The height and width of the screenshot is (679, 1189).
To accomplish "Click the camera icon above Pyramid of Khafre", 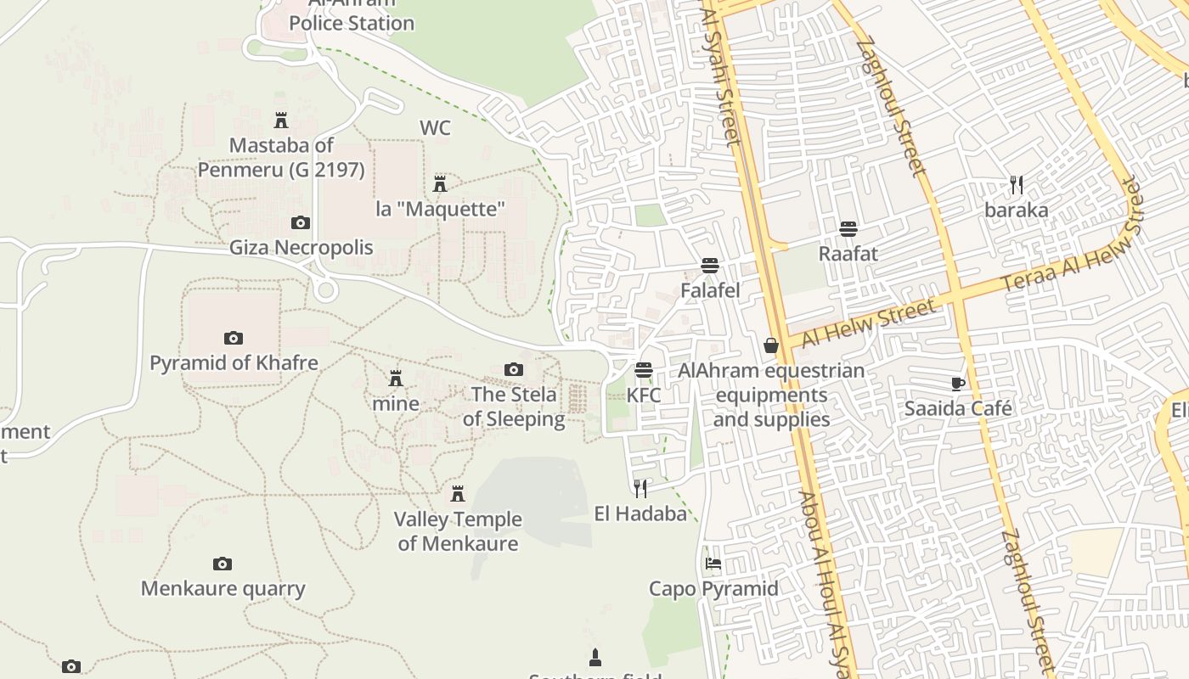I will pyautogui.click(x=234, y=339).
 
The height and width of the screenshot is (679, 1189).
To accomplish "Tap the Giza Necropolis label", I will pyautogui.click(x=301, y=248).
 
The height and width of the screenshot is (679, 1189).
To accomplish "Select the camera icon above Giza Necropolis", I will pyautogui.click(x=301, y=223).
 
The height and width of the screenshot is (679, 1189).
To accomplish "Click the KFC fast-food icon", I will pyautogui.click(x=644, y=371).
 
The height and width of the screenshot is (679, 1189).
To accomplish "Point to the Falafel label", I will pyautogui.click(x=710, y=290).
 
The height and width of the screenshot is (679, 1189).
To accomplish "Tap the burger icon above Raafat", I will pyautogui.click(x=848, y=229).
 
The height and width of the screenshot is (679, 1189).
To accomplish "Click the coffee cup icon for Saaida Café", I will pyautogui.click(x=958, y=384).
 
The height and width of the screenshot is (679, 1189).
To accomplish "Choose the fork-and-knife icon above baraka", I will pyautogui.click(x=1017, y=184).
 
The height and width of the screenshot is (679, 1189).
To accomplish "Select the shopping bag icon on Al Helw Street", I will pyautogui.click(x=771, y=345).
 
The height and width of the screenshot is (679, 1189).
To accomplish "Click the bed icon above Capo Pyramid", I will pyautogui.click(x=713, y=564).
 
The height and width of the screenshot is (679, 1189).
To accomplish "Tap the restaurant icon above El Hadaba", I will pyautogui.click(x=640, y=488).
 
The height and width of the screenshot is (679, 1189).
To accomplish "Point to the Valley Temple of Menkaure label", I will pyautogui.click(x=458, y=531).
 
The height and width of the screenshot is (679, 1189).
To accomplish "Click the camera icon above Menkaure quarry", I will pyautogui.click(x=223, y=564).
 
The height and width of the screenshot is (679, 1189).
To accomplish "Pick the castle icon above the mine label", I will pyautogui.click(x=396, y=379).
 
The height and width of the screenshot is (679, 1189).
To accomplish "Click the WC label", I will pyautogui.click(x=435, y=128).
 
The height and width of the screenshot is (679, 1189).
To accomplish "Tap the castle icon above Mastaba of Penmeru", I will pyautogui.click(x=281, y=121).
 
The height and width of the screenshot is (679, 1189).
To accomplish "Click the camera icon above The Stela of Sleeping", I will pyautogui.click(x=514, y=369).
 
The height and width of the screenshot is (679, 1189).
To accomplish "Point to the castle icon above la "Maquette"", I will pyautogui.click(x=440, y=183).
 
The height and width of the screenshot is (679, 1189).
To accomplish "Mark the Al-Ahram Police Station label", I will pyautogui.click(x=351, y=19).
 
